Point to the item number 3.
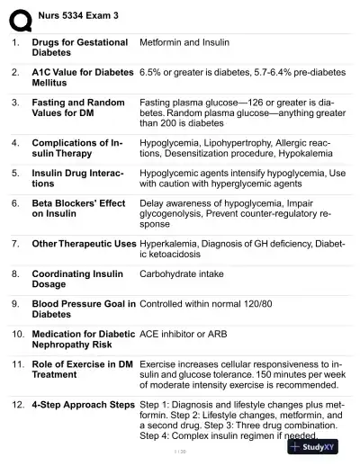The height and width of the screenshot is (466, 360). tap(15, 103)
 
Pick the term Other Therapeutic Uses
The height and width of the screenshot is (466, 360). tap(84, 244)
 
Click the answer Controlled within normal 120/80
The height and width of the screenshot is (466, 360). tap(213, 303)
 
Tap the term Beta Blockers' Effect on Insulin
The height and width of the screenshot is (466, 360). tap(78, 210)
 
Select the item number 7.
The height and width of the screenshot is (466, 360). tap(15, 244)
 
